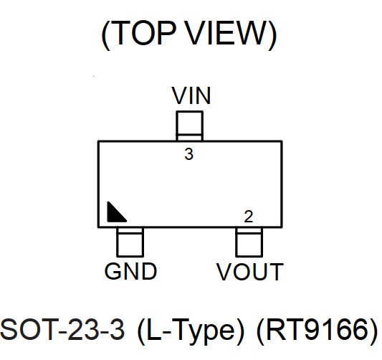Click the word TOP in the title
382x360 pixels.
[144, 33]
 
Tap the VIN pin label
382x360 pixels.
[191, 95]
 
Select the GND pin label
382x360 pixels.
[130, 271]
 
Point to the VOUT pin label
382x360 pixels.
[250, 271]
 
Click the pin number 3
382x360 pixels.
[188, 154]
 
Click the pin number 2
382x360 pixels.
[249, 217]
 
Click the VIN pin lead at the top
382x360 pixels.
[189, 126]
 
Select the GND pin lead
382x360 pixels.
[130, 242]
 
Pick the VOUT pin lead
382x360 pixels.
[249, 242]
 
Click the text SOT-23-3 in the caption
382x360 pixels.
[62, 329]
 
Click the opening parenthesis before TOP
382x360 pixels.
[106, 34]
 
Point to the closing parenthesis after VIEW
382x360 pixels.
[272, 34]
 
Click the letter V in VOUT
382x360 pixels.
[224, 271]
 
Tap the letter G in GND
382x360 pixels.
[113, 271]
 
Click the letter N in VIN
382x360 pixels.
[203, 95]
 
